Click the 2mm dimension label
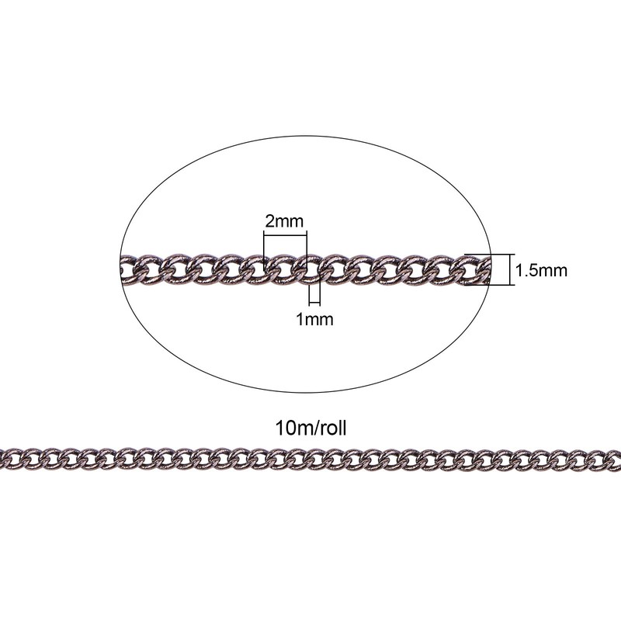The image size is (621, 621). point(284,221)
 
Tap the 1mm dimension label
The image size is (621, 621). point(315,319)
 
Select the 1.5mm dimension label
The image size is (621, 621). point(541,270)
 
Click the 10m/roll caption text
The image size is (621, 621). point(310,428)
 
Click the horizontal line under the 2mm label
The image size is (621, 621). point(285,236)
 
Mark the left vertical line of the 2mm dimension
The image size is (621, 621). point(264,253)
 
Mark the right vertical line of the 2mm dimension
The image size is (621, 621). point(307,253)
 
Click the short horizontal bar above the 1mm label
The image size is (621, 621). point(314,303)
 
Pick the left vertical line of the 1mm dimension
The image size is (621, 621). point(310,294)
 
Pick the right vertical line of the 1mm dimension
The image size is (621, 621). point(320,294)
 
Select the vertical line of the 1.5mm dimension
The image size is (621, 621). point(514,269)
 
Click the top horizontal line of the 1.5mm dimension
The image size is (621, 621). point(490,255)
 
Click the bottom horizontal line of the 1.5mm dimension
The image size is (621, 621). point(490,284)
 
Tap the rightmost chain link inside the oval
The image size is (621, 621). point(483,269)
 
